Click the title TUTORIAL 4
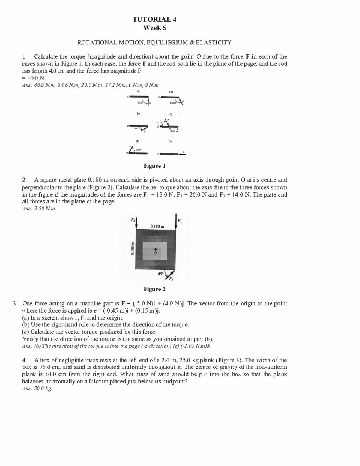[154, 20]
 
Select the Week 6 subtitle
[154, 28]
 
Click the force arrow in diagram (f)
[183, 154]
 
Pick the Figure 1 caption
[154, 166]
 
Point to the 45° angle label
[160, 274]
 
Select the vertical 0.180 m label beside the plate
[133, 248]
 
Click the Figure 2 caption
[154, 289]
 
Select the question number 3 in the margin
[15, 303]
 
